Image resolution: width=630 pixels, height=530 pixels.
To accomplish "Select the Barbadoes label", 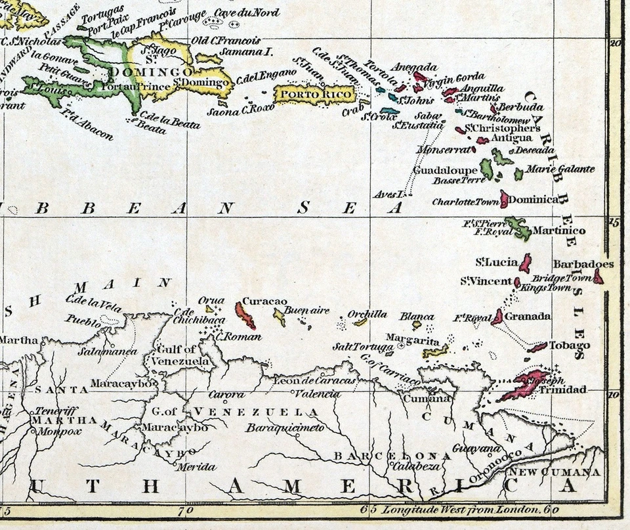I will click(x=583, y=265).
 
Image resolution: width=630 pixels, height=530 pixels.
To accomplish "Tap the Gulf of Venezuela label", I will click(x=180, y=355).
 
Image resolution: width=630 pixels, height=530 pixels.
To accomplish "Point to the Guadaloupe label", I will click(x=445, y=170).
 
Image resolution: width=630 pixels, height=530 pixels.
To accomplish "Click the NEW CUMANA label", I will click(x=555, y=472).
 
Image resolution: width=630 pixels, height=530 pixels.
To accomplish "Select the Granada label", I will click(x=528, y=317).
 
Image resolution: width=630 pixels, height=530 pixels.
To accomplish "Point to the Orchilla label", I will click(x=367, y=314).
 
